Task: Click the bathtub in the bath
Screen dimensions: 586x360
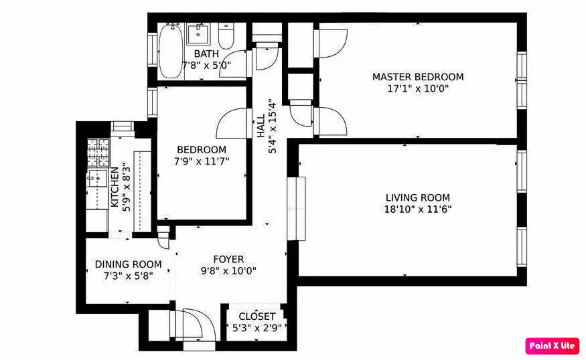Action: [171, 51]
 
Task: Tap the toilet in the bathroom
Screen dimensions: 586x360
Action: [226, 36]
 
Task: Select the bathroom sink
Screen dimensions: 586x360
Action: [198, 33]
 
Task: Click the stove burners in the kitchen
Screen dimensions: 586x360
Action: [98, 153]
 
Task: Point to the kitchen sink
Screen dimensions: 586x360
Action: [97, 178]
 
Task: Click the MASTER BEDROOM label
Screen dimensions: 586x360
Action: [418, 77]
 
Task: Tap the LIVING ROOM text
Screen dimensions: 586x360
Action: [418, 197]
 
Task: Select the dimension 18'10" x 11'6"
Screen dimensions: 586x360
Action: [418, 209]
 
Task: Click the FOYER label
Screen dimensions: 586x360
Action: [228, 259]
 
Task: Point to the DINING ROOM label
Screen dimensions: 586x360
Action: [128, 264]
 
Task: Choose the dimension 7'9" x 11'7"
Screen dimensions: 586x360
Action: [202, 161]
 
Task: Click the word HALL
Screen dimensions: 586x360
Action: [261, 126]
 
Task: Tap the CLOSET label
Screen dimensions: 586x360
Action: [257, 317]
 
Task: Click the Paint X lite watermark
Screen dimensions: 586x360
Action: [552, 346]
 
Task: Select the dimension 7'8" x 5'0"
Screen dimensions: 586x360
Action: [206, 66]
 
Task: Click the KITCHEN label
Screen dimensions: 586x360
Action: [115, 187]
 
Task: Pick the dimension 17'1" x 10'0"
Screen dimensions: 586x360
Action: [418, 89]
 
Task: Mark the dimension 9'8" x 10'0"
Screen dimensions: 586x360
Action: [228, 271]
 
